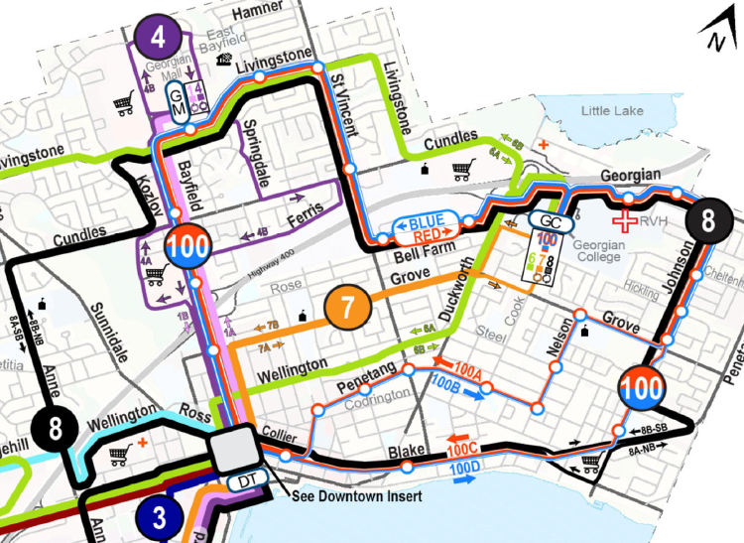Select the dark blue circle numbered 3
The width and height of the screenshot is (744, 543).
159,517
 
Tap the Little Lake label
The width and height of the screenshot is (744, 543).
613,109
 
